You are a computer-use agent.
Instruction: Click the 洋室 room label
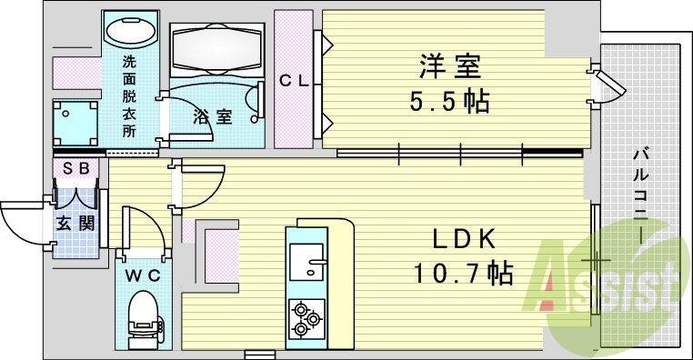[449, 66]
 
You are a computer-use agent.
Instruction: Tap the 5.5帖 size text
[449, 100]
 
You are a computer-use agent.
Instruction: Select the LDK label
[462, 239]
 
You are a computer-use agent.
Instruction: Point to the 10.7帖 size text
[462, 272]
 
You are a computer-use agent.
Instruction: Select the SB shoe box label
[75, 168]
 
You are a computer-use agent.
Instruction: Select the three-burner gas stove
[306, 319]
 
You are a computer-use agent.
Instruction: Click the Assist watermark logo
[605, 282]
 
